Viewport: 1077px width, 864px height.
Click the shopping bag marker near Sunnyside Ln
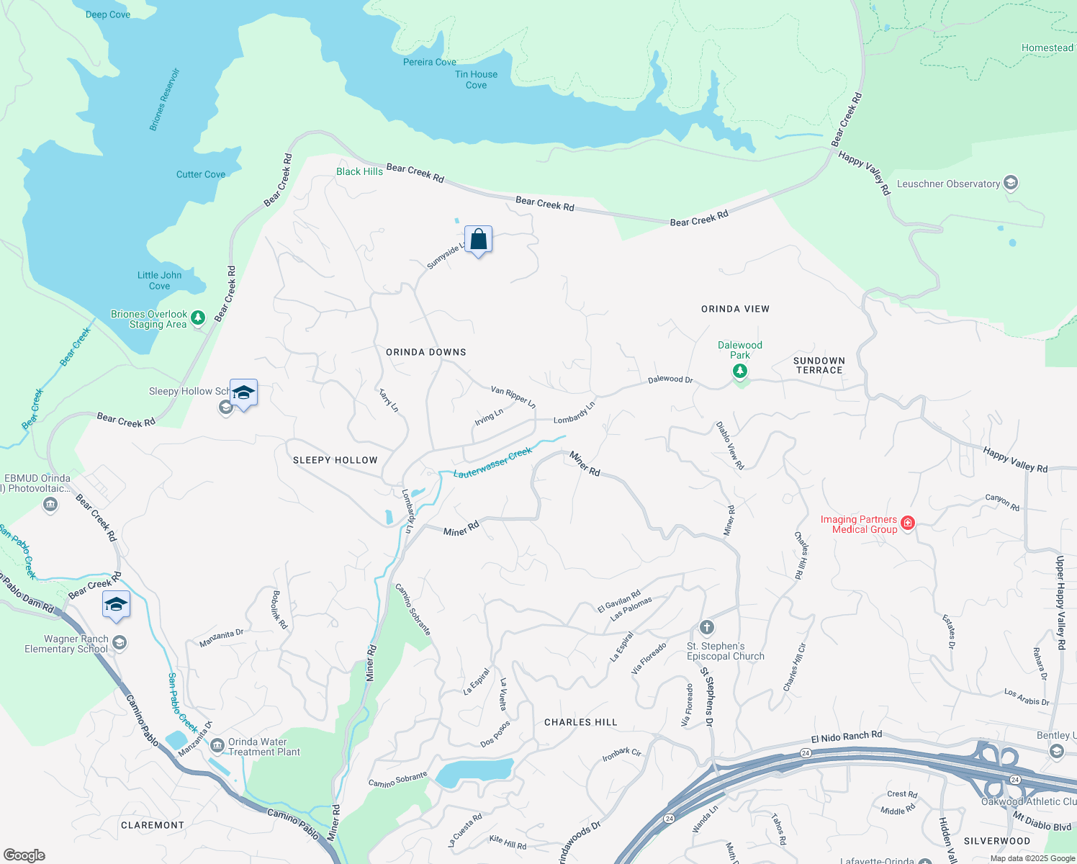[478, 240]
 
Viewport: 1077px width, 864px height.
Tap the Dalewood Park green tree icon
[739, 372]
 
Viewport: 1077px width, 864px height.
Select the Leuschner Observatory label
[948, 184]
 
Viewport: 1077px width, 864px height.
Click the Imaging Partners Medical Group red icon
[908, 523]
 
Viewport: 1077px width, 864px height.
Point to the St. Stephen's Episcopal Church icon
[707, 627]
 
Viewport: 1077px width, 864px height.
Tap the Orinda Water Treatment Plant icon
[217, 746]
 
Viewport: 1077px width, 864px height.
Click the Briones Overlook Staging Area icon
[198, 318]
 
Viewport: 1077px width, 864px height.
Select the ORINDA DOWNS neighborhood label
[426, 352]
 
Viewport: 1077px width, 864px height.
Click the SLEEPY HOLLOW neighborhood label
[335, 460]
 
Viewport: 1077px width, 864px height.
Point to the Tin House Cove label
[476, 79]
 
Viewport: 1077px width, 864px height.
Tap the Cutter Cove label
[201, 174]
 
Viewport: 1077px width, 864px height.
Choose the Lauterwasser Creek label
[493, 462]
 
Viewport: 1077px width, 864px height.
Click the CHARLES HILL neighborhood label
[581, 722]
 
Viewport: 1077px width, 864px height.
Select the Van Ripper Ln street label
[513, 397]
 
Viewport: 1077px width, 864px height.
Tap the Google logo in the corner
[24, 855]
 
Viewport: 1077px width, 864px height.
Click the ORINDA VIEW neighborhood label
[735, 309]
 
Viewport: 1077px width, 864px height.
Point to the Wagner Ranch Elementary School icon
[120, 642]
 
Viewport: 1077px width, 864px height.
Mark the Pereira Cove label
[430, 62]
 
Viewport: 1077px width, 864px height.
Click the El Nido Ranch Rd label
[846, 737]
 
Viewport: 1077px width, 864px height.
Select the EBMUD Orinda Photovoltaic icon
[50, 504]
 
